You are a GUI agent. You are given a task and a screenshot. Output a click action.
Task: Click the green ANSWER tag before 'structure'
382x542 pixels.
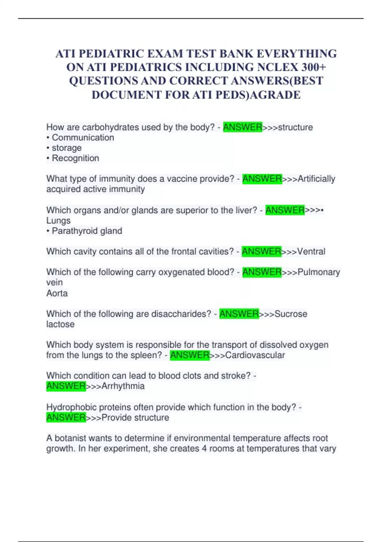click(x=243, y=127)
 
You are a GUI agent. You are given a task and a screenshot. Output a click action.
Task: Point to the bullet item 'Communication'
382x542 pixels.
click(x=83, y=137)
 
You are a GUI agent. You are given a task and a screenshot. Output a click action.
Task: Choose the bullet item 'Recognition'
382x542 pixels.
click(x=75, y=158)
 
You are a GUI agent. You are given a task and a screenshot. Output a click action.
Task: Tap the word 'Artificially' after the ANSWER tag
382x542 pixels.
click(x=316, y=179)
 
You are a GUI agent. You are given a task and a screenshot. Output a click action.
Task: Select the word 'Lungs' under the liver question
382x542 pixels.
click(x=58, y=221)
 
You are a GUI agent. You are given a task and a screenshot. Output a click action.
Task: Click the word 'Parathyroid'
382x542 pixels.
click(x=70, y=231)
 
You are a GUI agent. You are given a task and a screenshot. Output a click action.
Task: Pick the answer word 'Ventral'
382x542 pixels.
click(x=311, y=252)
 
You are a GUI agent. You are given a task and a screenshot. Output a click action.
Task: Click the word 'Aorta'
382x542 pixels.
click(x=57, y=293)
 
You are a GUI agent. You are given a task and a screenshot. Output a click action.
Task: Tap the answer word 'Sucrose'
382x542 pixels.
click(x=291, y=314)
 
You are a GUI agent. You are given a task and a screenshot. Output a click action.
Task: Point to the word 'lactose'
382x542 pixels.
click(x=60, y=324)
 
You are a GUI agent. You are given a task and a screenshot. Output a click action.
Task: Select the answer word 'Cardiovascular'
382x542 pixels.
click(x=255, y=355)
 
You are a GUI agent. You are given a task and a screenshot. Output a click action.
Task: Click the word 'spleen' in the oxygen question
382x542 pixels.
click(x=148, y=355)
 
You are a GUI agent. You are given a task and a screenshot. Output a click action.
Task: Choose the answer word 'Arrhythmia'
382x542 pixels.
click(x=123, y=386)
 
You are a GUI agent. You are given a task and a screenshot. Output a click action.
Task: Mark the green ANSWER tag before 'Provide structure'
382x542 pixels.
click(x=66, y=417)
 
